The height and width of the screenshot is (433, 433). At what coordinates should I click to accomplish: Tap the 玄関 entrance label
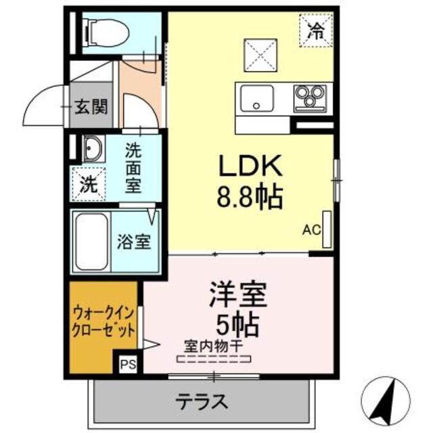coord(89,107)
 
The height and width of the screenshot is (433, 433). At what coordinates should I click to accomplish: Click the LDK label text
coord(248,166)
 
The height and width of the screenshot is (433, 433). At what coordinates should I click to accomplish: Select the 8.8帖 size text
coord(248,197)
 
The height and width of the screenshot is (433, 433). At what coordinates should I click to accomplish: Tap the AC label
coord(311,229)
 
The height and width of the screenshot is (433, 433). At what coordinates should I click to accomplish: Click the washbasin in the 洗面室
coord(92,149)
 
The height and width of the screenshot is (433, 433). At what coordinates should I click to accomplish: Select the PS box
coord(127,365)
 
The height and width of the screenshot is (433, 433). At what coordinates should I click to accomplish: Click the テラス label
coord(201,401)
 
